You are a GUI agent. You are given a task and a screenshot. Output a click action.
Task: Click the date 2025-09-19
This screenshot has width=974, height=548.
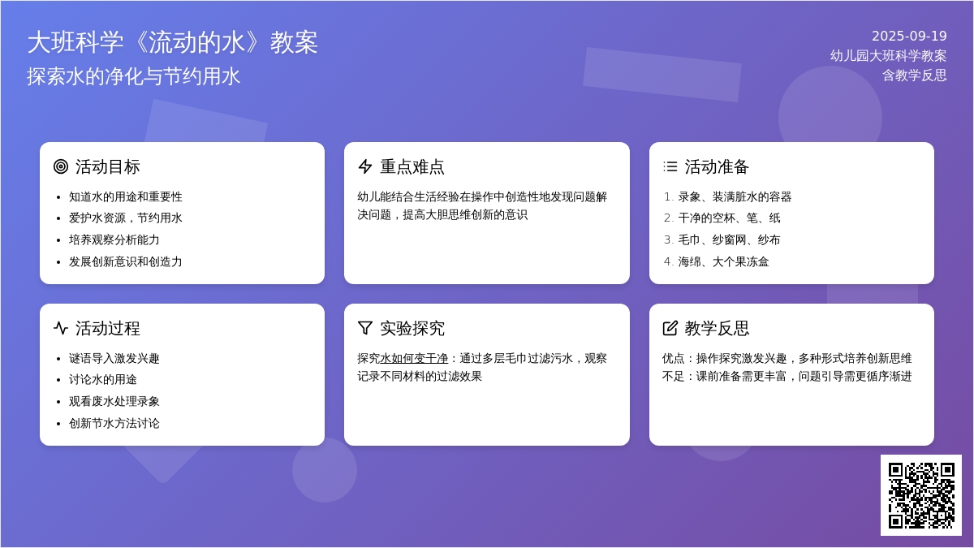(909, 36)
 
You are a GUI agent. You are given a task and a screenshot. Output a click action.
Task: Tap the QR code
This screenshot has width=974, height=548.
(921, 495)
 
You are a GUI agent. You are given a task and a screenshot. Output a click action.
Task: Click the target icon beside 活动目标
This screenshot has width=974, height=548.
(61, 166)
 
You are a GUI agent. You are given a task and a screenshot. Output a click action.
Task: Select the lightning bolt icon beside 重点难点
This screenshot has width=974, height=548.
(365, 166)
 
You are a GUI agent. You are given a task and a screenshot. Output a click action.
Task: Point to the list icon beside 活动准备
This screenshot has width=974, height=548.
(670, 166)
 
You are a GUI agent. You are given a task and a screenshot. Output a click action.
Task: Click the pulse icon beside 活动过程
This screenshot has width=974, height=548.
(61, 328)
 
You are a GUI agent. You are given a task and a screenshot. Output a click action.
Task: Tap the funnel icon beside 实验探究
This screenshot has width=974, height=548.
(365, 328)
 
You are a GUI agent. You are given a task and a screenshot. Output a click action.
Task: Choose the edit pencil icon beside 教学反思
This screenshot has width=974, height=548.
(670, 328)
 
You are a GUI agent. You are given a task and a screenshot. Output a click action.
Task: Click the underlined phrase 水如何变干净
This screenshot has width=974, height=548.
(414, 358)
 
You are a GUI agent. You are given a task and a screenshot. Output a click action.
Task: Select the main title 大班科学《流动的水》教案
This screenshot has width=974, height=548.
(173, 42)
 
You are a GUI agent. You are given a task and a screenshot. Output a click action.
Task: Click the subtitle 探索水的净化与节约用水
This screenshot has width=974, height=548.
(133, 76)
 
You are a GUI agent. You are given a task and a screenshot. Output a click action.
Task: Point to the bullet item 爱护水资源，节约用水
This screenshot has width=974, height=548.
(125, 218)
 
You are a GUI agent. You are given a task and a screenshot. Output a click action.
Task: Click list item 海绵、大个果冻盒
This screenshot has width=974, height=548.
(723, 261)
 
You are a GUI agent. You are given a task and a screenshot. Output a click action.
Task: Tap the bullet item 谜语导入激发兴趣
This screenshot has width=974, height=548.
(114, 358)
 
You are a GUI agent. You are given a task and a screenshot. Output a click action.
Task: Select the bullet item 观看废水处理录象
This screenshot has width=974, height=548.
(114, 401)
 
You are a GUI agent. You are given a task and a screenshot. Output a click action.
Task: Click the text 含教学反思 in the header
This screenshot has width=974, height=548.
(915, 76)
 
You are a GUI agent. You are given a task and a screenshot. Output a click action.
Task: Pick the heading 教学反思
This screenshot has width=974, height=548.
(717, 328)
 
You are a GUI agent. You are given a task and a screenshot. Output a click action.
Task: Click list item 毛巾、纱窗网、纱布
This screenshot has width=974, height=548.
(729, 239)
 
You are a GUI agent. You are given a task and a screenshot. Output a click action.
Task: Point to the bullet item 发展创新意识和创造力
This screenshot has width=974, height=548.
(125, 261)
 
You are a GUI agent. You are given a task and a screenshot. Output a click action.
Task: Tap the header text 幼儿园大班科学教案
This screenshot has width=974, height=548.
(888, 56)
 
